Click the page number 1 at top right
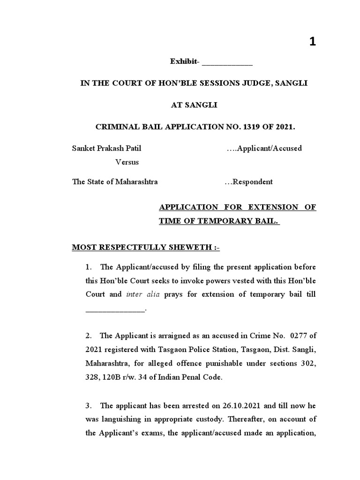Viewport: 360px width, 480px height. (x=312, y=42)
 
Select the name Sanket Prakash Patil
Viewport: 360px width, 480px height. (x=106, y=149)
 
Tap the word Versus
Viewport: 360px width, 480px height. (x=127, y=162)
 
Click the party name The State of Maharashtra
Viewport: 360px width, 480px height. (x=115, y=182)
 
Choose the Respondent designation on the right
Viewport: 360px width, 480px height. (x=249, y=182)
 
